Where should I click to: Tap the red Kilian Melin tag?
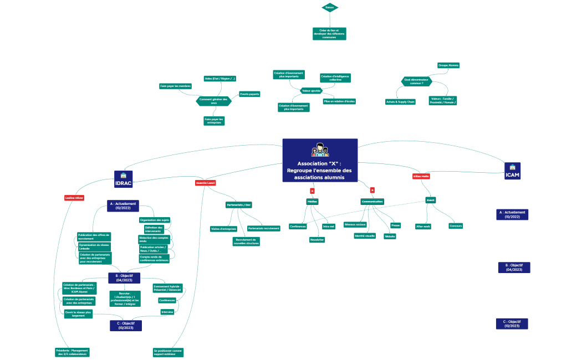pyautogui.click(x=421, y=176)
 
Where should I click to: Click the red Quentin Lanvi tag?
pyautogui.click(x=205, y=183)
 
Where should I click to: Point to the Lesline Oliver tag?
pyautogui.click(x=74, y=198)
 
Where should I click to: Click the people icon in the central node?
pyautogui.click(x=320, y=150)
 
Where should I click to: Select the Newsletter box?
pyautogui.click(x=317, y=240)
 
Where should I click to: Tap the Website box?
pyautogui.click(x=390, y=236)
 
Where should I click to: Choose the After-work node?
pyautogui.click(x=423, y=226)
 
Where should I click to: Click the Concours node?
pyautogui.click(x=456, y=226)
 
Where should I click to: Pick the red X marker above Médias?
pyautogui.click(x=312, y=191)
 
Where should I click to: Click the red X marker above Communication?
pyautogui.click(x=372, y=190)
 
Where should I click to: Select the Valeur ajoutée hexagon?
pyautogui.click(x=312, y=90)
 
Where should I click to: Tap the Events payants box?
pyautogui.click(x=249, y=94)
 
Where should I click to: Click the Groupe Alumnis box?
pyautogui.click(x=448, y=65)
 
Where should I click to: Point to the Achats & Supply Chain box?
pyautogui.click(x=400, y=102)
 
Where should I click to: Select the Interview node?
pyautogui.click(x=167, y=312)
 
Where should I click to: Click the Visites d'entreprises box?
pyautogui.click(x=223, y=229)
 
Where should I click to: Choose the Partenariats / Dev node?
pyautogui.click(x=239, y=205)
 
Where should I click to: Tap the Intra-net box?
pyautogui.click(x=329, y=226)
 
